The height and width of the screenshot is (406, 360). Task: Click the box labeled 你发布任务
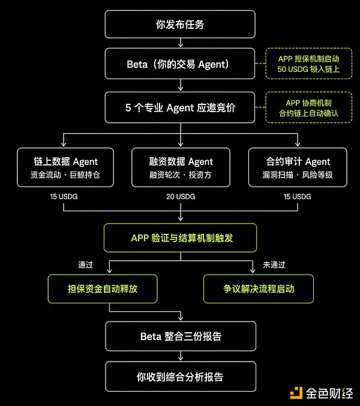coord(181,25)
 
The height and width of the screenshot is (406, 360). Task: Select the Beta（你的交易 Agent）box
coord(181,64)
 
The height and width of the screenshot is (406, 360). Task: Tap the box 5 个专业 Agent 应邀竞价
coord(181,107)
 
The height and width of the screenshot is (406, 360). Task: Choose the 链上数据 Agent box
coord(66,167)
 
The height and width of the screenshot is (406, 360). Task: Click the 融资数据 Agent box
coord(181,167)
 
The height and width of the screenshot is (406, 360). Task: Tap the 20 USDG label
coord(181,197)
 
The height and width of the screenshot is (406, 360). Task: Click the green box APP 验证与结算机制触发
coord(181,238)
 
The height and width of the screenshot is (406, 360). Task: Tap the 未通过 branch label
coord(274,264)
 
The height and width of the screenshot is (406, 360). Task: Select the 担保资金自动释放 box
coord(102,288)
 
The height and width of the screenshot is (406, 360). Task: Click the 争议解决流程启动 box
coord(259,288)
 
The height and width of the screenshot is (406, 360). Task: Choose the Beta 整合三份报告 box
coord(181,336)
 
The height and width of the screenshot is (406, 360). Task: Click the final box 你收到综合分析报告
coord(181,377)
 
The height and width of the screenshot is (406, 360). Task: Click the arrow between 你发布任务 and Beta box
coord(181,44)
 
